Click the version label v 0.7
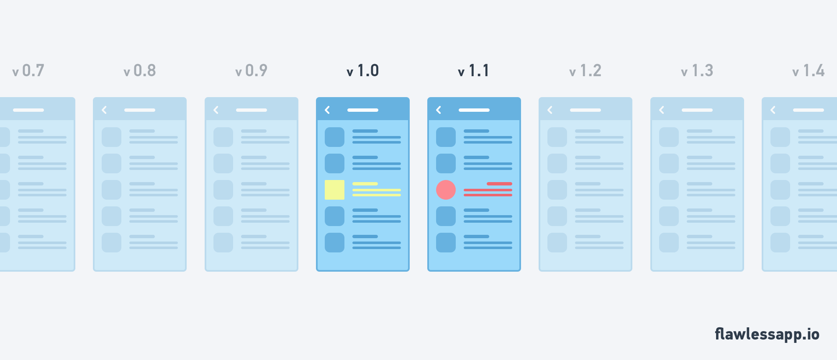click(x=28, y=71)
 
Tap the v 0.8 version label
click(x=140, y=71)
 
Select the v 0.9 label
click(x=251, y=71)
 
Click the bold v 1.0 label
click(x=363, y=71)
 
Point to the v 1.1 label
click(x=474, y=71)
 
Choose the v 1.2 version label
click(x=585, y=71)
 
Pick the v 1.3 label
click(x=697, y=71)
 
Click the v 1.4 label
click(x=809, y=71)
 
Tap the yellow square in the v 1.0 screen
click(x=334, y=190)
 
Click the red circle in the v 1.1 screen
click(x=446, y=190)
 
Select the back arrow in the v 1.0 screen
click(x=327, y=110)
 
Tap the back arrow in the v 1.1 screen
click(x=439, y=110)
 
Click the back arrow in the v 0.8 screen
click(x=104, y=110)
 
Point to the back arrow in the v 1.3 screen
click(x=662, y=110)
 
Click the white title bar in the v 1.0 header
click(x=363, y=110)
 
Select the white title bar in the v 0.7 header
click(x=28, y=110)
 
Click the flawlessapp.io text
click(x=767, y=334)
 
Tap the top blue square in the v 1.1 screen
click(x=446, y=137)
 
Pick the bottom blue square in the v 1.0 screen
click(x=334, y=242)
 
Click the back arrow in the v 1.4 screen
click(x=773, y=110)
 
